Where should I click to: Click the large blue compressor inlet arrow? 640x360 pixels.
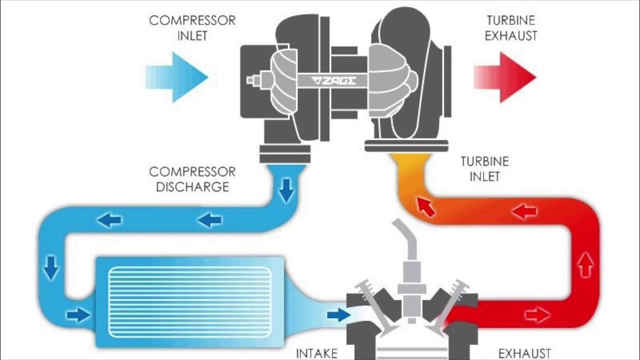point(177,77)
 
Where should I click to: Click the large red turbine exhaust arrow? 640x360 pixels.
point(505,77)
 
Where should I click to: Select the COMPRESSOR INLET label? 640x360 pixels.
point(192,28)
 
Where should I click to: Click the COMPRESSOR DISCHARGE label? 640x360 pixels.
point(192,179)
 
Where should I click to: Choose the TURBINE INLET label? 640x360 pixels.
point(484,169)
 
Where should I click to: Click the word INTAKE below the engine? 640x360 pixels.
point(317,353)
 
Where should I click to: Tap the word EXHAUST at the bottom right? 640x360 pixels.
point(524,353)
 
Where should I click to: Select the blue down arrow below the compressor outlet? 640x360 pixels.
point(286,191)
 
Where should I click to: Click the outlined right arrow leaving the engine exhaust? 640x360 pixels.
point(537,314)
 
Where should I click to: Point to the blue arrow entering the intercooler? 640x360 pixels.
point(78,314)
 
